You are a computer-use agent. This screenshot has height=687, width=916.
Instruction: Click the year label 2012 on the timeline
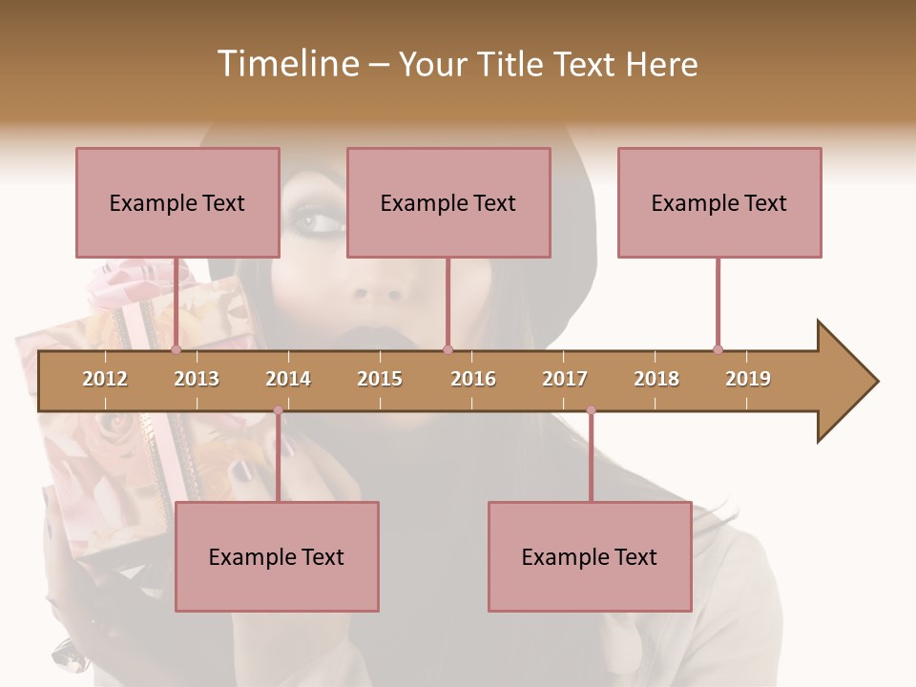click(105, 379)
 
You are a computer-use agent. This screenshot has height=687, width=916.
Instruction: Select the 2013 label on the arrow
click(197, 379)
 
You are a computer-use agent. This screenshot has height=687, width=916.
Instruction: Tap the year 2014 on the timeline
click(288, 379)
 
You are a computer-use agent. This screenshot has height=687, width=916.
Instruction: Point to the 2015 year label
click(380, 379)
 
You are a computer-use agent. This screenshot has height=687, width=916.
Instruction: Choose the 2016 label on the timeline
click(473, 379)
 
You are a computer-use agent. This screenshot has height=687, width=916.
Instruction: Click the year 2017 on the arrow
click(565, 379)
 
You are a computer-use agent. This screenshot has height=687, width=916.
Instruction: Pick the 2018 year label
click(656, 379)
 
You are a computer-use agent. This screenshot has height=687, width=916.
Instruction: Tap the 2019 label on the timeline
click(748, 379)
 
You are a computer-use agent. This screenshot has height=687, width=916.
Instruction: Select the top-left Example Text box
click(177, 202)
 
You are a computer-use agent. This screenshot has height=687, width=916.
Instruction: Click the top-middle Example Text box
click(448, 202)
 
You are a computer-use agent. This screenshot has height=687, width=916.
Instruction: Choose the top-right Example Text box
click(719, 202)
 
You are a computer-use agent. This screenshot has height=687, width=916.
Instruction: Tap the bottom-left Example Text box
click(277, 556)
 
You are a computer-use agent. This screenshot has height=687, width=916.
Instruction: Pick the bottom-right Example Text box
click(590, 556)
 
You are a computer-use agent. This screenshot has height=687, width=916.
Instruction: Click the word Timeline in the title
click(286, 64)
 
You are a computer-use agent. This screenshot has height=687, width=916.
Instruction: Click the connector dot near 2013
click(177, 350)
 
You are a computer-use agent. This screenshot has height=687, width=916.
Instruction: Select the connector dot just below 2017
click(591, 410)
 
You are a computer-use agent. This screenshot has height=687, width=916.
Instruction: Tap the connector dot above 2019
click(718, 349)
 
